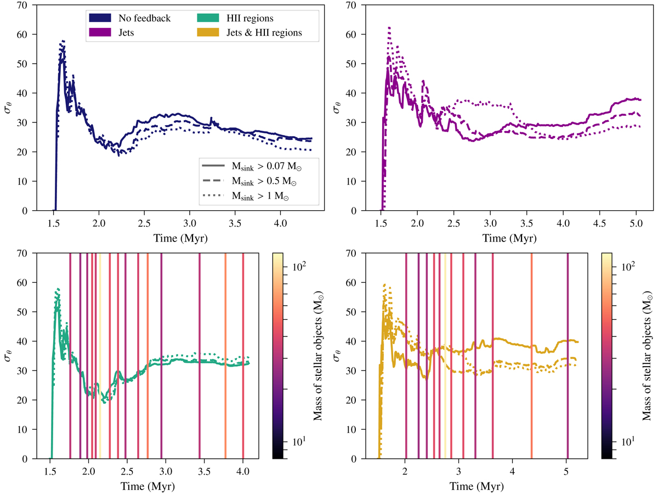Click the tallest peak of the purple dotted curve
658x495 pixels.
[389, 27]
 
